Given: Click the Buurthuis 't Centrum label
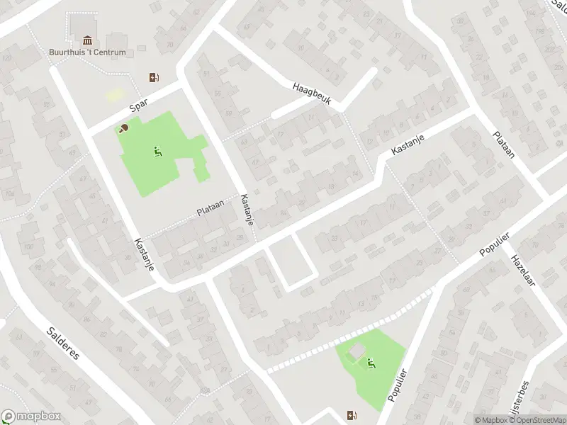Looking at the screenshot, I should (88, 52).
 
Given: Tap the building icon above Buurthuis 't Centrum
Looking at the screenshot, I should (87, 39).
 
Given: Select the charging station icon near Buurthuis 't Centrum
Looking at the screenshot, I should (152, 77).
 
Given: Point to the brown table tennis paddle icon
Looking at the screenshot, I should (124, 128).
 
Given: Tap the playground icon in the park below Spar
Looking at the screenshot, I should (157, 150).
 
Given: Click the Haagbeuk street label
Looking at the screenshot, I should (312, 95).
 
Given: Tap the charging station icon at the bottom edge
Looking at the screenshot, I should (351, 415).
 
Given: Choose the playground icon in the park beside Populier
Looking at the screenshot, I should (371, 363).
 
